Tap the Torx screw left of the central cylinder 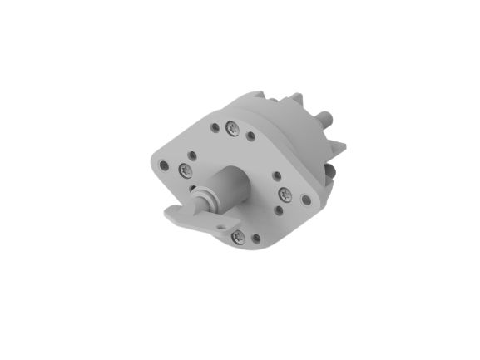pos(185,170)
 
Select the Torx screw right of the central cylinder pos(285,194)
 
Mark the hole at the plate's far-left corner pos(164,165)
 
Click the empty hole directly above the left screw pos(192,155)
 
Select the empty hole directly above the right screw pos(277,175)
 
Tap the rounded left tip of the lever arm pos(170,215)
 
